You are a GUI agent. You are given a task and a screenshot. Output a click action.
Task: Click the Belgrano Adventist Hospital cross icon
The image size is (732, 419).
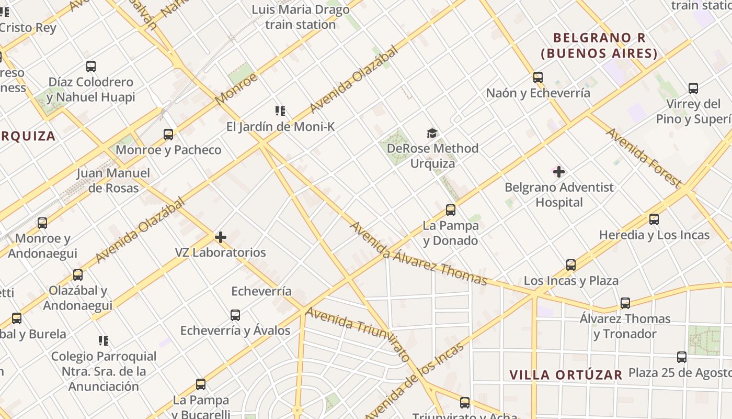(559, 171)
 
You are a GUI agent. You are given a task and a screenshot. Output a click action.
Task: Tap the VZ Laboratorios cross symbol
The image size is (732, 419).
(221, 237)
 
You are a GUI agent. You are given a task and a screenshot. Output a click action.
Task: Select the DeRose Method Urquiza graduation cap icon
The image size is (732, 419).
(432, 133)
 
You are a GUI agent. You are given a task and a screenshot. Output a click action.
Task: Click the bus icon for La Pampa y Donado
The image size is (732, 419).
(451, 210)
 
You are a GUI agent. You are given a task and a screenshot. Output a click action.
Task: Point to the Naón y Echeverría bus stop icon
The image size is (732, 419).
(538, 78)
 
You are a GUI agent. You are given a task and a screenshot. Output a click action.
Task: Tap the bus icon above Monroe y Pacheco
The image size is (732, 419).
(168, 135)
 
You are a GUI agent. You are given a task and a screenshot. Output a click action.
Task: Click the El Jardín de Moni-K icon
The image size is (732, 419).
(280, 111)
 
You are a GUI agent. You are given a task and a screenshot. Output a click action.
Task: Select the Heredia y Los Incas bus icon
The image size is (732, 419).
(654, 219)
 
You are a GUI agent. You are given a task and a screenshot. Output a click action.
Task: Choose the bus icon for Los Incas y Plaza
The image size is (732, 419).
(571, 265)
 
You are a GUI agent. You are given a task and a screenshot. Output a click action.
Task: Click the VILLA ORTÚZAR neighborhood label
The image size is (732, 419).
(566, 375)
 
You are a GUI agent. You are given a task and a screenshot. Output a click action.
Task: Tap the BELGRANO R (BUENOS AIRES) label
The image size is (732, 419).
(599, 46)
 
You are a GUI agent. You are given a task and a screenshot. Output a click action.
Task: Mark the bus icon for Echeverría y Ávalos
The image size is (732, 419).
(235, 315)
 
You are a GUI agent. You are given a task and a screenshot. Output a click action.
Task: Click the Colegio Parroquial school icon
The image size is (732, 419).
(104, 341)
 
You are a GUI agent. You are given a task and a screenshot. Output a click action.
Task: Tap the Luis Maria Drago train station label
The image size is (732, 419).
(300, 17)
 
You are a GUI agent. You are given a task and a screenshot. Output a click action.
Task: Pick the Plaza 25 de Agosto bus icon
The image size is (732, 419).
(682, 357)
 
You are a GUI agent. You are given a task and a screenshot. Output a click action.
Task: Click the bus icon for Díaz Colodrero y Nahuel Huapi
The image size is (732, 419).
(91, 67)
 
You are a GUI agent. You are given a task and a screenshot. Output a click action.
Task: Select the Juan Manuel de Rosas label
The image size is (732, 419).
(113, 181)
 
